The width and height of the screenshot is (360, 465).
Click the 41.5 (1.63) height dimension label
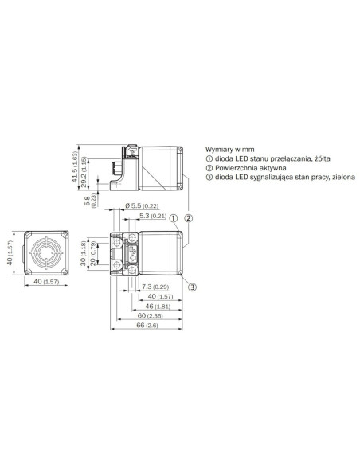[x=74, y=167]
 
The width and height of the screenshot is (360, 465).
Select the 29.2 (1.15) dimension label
[x=84, y=172]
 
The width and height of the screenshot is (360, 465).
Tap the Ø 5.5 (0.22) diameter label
[x=142, y=205]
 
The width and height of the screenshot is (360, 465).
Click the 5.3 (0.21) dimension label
[x=153, y=216]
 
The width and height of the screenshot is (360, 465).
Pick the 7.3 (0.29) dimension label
[x=155, y=287]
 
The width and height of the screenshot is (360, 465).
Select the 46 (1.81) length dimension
[x=158, y=307]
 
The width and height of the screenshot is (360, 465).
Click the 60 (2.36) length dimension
[x=150, y=316]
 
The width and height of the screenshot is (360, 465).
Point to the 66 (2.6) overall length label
[x=147, y=326]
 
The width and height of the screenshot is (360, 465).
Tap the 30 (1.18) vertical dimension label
[x=84, y=253]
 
